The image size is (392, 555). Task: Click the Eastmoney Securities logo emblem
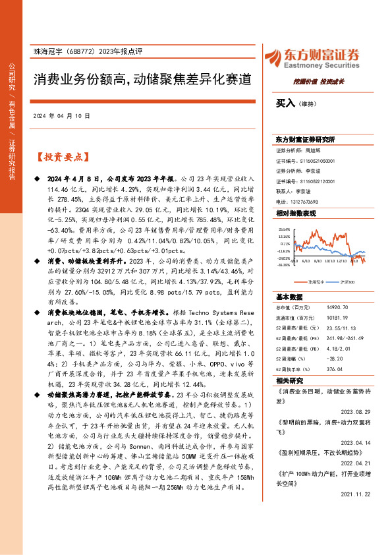[273, 57]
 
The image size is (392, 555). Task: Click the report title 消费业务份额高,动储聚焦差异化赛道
[143, 80]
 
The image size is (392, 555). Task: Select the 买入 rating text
[286, 103]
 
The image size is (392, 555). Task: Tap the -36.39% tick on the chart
[284, 265]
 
